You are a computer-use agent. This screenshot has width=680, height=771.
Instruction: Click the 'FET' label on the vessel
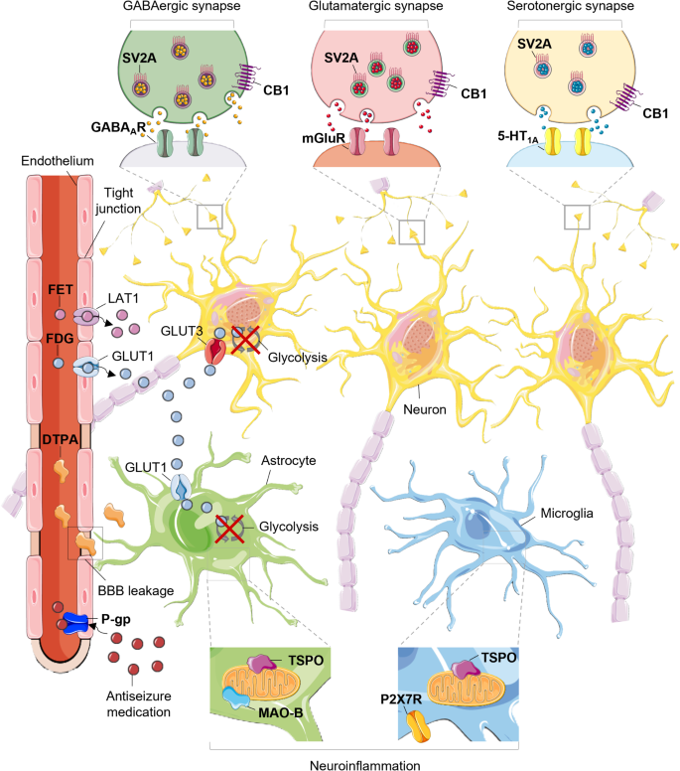pyautogui.click(x=60, y=291)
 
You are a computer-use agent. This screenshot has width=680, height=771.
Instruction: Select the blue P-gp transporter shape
pyautogui.click(x=75, y=623)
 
